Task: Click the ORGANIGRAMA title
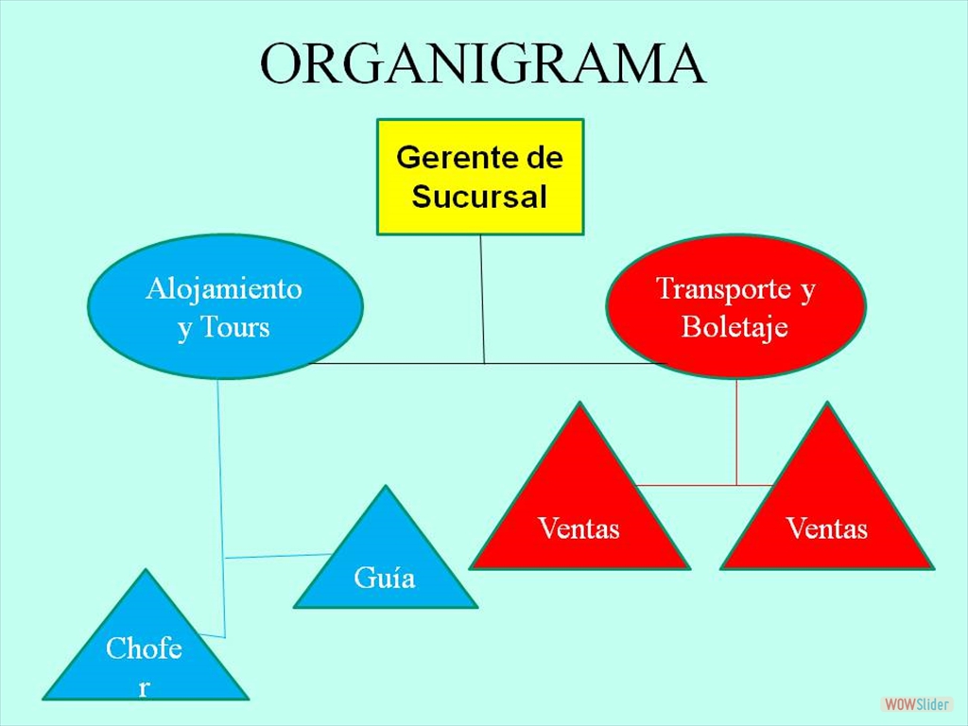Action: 483,64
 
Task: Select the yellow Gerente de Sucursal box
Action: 480,177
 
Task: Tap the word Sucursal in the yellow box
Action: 479,198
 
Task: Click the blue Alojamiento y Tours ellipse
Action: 225,306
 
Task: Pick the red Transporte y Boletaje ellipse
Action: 735,306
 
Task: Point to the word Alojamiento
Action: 224,288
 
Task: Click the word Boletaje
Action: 735,327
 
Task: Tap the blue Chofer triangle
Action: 145,652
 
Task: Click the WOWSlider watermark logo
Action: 916,704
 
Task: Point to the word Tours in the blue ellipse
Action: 235,328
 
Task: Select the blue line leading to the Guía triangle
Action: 279,555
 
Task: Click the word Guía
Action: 385,577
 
